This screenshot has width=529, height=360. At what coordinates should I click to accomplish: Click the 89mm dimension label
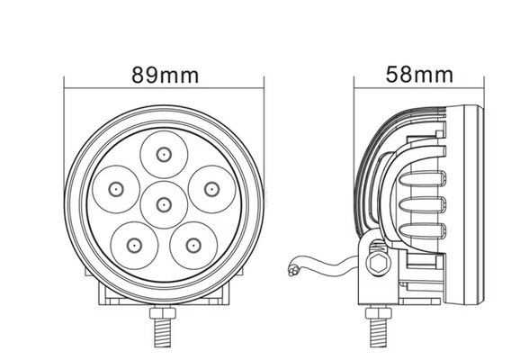165,75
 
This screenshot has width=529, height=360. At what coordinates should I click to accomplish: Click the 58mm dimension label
418,74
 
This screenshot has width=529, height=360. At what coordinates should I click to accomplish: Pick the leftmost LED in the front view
116,187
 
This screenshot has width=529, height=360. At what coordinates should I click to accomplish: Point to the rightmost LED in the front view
210,187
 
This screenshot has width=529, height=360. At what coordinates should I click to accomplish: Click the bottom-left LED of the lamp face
133,243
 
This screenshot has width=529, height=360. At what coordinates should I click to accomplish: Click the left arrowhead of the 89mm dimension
67,88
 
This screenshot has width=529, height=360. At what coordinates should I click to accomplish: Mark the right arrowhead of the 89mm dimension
262,88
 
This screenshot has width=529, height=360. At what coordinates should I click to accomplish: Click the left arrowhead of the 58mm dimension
356,88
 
